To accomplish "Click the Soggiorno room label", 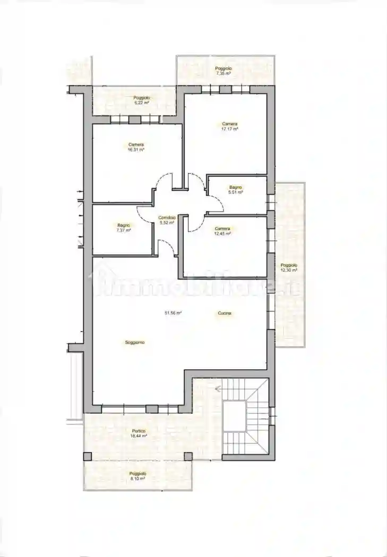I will coord(135,342).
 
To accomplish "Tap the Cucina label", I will coord(224,313).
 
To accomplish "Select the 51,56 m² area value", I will coord(173,313).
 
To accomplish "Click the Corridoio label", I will coord(167,218).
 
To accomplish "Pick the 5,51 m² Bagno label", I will coord(236,189).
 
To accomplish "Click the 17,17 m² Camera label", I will coord(229,126).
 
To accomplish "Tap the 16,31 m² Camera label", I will coord(136,147).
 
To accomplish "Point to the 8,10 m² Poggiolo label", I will coord(137,476).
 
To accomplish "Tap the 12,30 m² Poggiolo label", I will coord(289,267).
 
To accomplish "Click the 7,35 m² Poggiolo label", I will coord(223,71).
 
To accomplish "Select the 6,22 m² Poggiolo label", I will coord(142,100).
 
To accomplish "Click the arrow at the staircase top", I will coord(218,389).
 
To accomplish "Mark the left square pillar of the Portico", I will coord(87,456).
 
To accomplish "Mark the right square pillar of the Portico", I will coord(188,456).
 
